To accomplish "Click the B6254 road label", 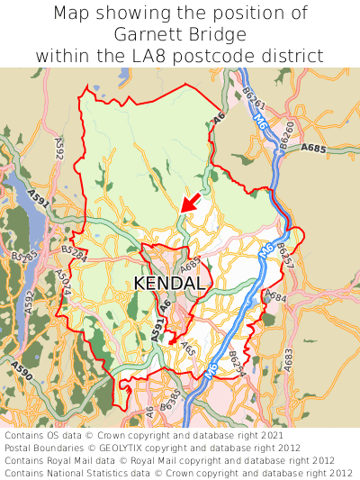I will tap(236, 364).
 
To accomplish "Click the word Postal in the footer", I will tap(22, 448).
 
